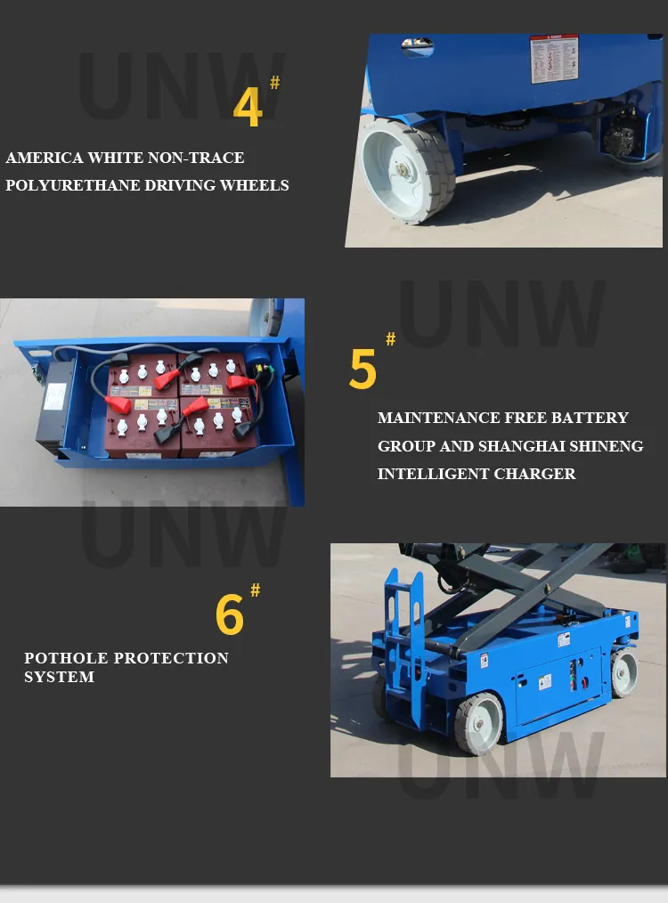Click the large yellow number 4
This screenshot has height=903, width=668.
click(x=248, y=108)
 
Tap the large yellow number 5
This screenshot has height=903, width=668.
click(x=363, y=369)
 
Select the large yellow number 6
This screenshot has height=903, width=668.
click(x=229, y=614)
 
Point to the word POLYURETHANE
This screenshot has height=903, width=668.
click(x=67, y=185)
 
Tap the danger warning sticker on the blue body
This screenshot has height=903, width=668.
click(x=554, y=59)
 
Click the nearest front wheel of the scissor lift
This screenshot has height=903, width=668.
click(x=479, y=722)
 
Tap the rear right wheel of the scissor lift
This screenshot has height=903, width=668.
click(x=624, y=672)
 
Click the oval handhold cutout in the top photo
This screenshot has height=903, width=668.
click(x=417, y=45)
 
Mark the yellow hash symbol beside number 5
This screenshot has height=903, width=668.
click(x=390, y=339)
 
